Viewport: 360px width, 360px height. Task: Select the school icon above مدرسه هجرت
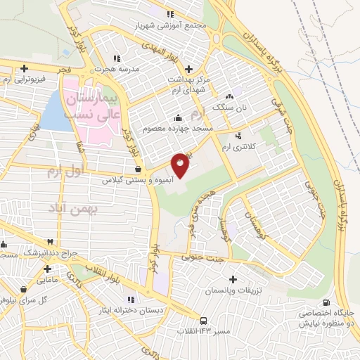pos(117,58)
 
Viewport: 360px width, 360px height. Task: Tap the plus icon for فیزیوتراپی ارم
pos(25,68)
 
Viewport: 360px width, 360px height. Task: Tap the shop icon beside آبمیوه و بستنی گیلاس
pos(138,169)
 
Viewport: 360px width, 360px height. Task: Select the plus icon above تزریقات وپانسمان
pos(233,279)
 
